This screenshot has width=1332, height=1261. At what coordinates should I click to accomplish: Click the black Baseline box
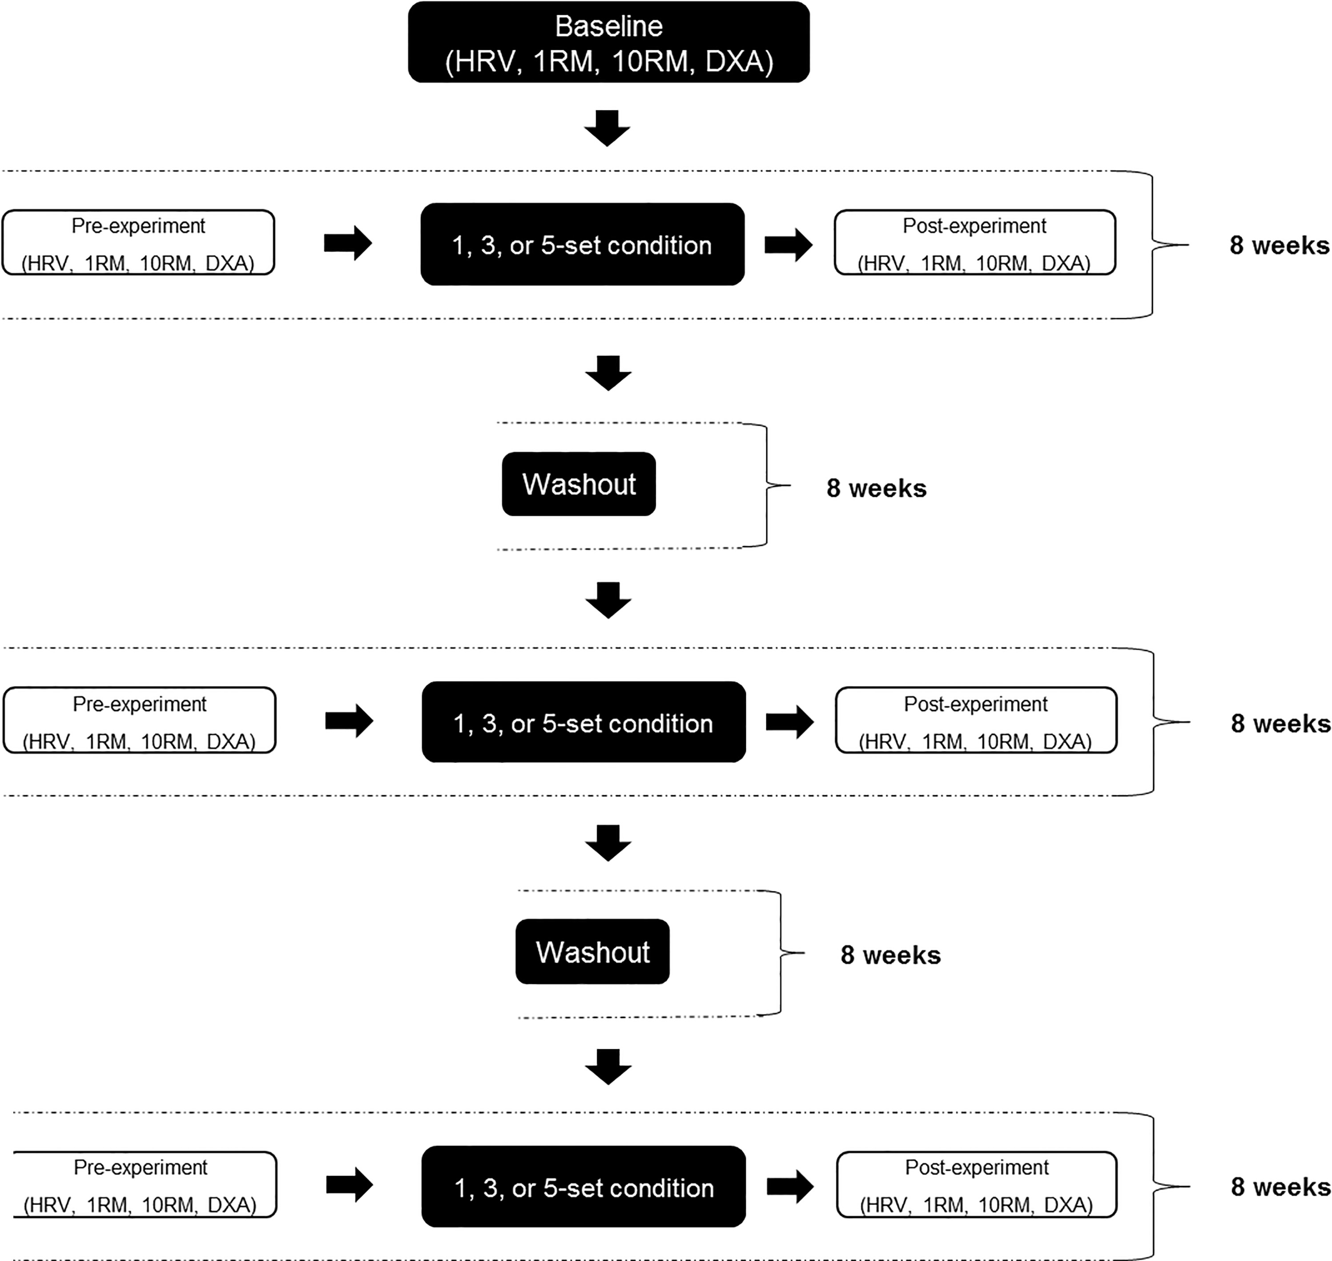tap(608, 42)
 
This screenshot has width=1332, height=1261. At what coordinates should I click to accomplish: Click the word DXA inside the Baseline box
tap(739, 61)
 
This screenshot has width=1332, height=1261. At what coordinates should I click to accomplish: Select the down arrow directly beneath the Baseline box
tap(607, 128)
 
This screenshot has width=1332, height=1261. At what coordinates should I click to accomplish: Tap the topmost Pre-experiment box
tap(138, 243)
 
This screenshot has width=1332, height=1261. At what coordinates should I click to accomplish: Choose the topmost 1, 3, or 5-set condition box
tap(582, 244)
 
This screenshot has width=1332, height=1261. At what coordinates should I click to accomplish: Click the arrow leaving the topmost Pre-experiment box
tap(348, 243)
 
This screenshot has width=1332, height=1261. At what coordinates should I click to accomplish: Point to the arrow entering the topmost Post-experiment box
tap(789, 244)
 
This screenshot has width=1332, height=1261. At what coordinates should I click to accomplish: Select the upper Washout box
tap(579, 484)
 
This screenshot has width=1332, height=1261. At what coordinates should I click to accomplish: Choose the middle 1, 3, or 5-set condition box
tap(584, 722)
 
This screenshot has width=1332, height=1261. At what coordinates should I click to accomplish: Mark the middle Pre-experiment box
tap(140, 720)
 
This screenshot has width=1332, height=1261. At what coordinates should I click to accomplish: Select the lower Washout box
tap(592, 952)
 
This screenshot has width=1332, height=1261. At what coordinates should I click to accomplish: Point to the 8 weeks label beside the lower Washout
tap(890, 955)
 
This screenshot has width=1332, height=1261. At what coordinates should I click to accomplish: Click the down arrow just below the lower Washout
tap(608, 1067)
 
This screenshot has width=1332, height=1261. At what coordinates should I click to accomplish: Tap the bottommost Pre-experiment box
tap(145, 1184)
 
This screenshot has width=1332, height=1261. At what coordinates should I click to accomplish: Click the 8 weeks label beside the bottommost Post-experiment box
tap(1280, 1187)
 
